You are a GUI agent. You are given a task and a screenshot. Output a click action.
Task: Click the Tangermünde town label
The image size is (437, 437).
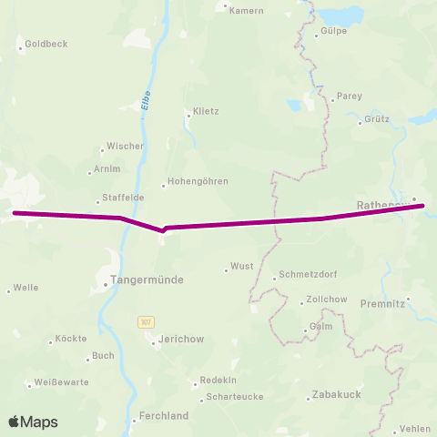click(x=147, y=282)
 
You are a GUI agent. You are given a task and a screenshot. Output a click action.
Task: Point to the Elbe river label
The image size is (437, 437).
click(x=145, y=101)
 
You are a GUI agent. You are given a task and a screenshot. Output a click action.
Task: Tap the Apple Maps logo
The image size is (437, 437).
click(x=34, y=422)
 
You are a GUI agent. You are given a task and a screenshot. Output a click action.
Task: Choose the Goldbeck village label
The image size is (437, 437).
click(x=46, y=43)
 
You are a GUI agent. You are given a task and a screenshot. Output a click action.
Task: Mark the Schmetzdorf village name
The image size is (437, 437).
click(x=310, y=279)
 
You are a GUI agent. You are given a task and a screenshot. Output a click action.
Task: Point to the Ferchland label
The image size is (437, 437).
click(x=164, y=416)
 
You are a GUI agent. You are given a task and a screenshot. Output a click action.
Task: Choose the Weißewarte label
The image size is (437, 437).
click(x=62, y=382)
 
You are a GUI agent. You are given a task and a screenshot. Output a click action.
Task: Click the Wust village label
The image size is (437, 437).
click(x=242, y=267)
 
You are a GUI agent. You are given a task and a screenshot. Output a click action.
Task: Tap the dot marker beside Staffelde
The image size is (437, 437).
click(x=97, y=203)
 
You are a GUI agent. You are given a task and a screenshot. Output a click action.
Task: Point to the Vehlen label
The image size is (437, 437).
click(x=415, y=429)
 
